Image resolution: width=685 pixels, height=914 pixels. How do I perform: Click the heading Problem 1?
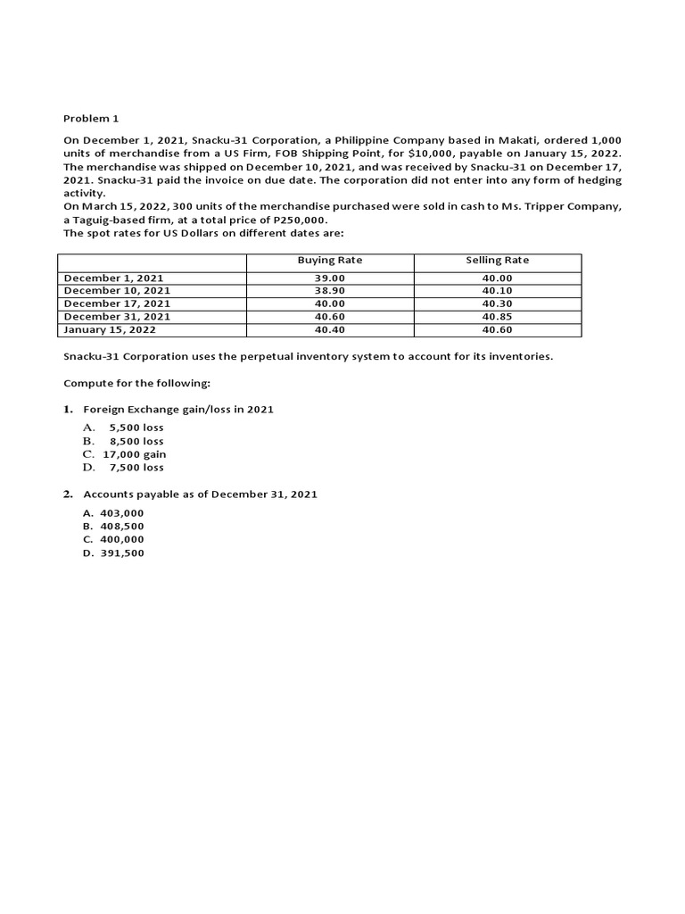coord(90,118)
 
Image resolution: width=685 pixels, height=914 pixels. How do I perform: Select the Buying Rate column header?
coord(329,261)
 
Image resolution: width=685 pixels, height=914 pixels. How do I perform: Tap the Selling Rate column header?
coord(497,261)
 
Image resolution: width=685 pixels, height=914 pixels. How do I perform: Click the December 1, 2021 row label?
coord(114,278)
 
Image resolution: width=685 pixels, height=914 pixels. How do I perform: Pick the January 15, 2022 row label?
coord(110,329)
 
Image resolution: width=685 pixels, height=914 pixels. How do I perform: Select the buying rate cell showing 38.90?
coord(329,291)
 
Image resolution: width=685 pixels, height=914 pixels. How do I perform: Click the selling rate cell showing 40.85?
coord(497,317)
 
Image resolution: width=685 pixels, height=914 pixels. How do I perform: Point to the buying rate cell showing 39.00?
coord(329,278)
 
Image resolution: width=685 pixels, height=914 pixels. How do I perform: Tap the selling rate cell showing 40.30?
coord(497,303)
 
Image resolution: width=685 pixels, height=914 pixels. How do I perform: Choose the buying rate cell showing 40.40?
coord(329,329)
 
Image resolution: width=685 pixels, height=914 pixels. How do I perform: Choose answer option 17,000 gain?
coord(135,454)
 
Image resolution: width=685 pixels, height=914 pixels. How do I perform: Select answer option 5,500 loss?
coord(136,428)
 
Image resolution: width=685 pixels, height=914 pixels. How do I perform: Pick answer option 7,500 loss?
coord(136,468)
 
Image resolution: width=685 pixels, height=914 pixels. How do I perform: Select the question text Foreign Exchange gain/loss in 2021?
coord(178,409)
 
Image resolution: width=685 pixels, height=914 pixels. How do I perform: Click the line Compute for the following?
coord(136,383)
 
